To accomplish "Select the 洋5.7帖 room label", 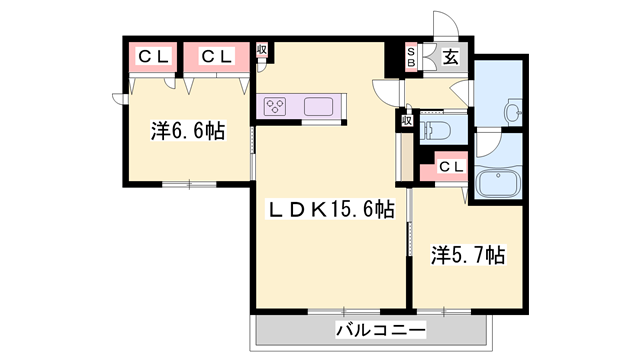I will coord(468,255).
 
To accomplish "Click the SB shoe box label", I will coord(411,58).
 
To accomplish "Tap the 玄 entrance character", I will coord(451,57).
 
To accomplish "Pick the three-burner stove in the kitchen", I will coord(277,105).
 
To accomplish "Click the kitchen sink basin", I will coord(320,105).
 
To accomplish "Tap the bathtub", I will coord(496,184).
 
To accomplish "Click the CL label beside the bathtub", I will coord(450,167).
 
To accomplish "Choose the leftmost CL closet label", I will coord(153,56).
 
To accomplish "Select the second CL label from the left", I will coord(217,56).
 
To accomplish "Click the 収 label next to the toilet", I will coord(407,120).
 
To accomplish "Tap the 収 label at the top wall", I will coord(261,50).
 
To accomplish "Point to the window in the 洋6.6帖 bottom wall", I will coord(189,183).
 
